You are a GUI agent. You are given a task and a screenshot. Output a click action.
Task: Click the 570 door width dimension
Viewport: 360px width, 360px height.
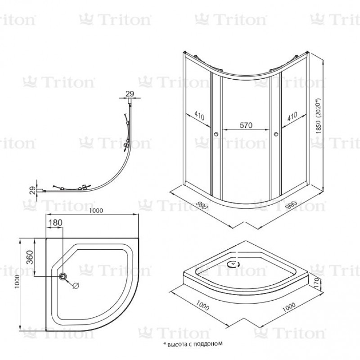coord(246,126)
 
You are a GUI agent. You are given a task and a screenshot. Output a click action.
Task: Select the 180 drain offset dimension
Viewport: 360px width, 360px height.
coord(55,223)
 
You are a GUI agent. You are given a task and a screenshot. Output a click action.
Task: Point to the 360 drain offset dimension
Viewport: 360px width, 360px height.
coord(30,257)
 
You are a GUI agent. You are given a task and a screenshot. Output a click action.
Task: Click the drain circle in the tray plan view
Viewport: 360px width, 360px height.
coord(63,276)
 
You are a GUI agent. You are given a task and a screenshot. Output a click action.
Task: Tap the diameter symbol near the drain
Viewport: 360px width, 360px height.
coord(76,286)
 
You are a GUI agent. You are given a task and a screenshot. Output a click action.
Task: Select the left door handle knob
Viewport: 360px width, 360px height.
coord(216,134)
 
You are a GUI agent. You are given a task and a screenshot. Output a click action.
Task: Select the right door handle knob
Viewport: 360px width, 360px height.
coord(276,134)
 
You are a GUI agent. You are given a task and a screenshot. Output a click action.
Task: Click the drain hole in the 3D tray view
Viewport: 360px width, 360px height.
coord(233,264)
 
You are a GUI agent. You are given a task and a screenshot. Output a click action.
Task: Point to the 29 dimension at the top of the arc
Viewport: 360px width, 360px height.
coord(130,94)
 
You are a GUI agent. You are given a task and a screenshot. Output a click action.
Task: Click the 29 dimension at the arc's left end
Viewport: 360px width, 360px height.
coord(33,190)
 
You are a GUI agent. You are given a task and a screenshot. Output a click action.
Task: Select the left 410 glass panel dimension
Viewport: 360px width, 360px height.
coord(199,116)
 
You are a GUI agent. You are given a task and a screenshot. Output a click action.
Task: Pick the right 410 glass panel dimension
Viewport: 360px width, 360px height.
coord(292,116)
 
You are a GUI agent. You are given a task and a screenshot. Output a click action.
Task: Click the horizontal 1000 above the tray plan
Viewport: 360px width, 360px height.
coord(96,211)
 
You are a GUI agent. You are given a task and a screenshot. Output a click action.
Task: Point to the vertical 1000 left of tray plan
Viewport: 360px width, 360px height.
coord(17,282)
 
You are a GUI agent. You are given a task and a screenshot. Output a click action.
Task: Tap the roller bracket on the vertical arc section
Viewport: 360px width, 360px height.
coord(126,145)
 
